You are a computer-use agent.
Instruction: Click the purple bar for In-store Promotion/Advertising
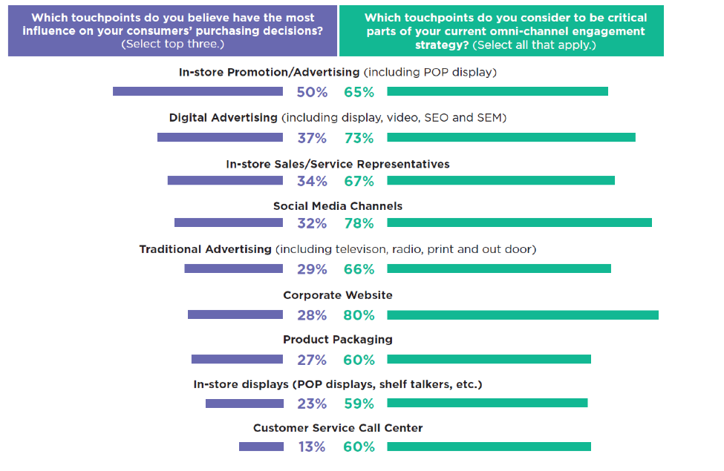198,92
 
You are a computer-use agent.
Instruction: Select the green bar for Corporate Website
523,315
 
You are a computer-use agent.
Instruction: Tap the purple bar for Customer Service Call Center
261,447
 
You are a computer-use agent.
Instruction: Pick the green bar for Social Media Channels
519,223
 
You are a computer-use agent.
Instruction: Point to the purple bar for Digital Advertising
220,138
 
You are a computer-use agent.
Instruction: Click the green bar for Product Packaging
489,360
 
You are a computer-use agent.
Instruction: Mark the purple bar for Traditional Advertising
233,269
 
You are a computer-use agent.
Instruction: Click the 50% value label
312,93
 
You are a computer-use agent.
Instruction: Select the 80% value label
359,315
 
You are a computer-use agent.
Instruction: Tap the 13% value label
312,447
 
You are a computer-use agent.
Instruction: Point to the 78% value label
359,223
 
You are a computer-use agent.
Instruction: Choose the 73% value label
359,138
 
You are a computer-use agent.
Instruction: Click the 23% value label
312,404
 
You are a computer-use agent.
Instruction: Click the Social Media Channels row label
338,206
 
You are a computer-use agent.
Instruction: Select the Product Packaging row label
338,340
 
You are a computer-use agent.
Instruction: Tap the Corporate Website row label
338,295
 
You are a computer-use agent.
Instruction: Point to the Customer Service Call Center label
338,429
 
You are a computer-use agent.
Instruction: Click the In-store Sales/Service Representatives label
338,164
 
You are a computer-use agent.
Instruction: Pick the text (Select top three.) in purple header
173,45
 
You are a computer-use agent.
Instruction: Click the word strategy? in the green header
443,45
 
